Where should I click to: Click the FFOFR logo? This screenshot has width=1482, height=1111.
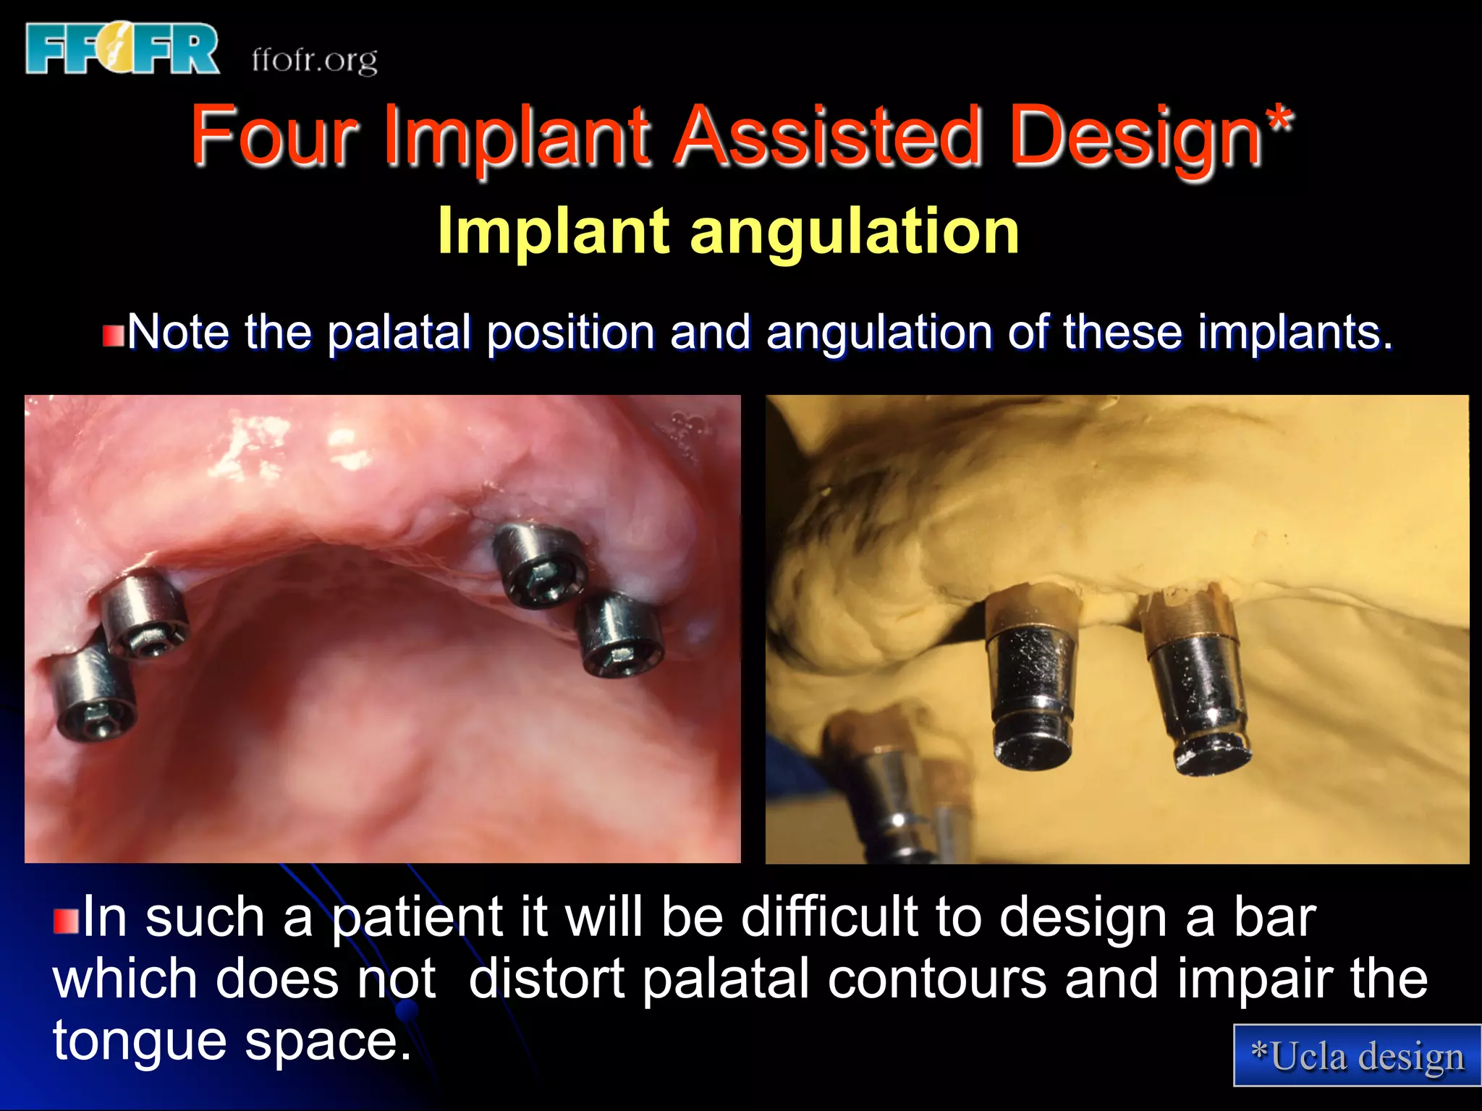122,49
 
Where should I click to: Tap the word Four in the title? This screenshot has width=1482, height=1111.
275,135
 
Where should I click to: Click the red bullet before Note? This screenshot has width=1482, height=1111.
113,336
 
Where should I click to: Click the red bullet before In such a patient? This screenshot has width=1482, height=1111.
66,921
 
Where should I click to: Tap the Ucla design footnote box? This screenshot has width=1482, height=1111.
1357,1055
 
